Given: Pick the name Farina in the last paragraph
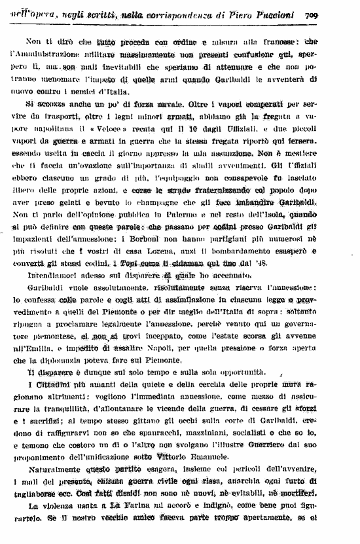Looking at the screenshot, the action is (x=135, y=507).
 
